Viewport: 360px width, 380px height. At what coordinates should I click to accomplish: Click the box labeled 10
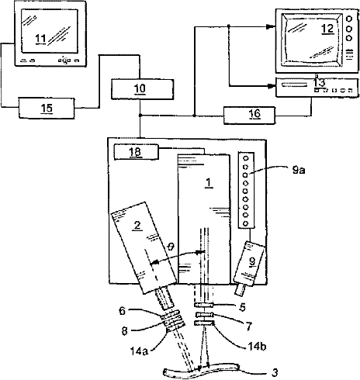tap(142, 89)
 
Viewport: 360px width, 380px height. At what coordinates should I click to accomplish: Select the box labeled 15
tap(47, 108)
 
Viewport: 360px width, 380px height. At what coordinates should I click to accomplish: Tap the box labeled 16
tap(249, 116)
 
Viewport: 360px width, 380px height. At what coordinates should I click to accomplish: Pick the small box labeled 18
tap(137, 152)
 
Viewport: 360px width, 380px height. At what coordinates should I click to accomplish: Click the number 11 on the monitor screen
tap(41, 39)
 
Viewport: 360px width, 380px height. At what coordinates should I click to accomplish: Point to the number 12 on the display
tap(327, 29)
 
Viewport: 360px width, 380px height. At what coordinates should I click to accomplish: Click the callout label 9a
tap(299, 171)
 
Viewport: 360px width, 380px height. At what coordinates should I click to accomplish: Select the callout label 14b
tap(257, 347)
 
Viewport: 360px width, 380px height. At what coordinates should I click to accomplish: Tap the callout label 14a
tap(139, 351)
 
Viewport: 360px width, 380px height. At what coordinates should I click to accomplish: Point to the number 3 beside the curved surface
tap(275, 372)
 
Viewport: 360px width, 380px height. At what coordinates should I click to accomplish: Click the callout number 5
tap(242, 307)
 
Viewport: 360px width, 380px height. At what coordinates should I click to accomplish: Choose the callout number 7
tap(249, 326)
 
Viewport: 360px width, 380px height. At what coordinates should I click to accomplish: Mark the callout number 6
tap(122, 311)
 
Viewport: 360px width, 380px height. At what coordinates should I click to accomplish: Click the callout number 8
tap(125, 331)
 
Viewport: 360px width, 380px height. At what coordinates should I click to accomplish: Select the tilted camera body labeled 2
tap(144, 247)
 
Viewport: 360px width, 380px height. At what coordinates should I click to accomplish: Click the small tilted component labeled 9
tap(249, 264)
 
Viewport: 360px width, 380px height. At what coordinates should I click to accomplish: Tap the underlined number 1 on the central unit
tap(209, 183)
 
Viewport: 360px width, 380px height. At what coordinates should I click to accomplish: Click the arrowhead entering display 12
tap(271, 26)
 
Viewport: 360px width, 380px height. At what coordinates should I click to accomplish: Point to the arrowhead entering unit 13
tap(271, 86)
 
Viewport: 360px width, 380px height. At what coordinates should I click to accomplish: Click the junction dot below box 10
tap(140, 116)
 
